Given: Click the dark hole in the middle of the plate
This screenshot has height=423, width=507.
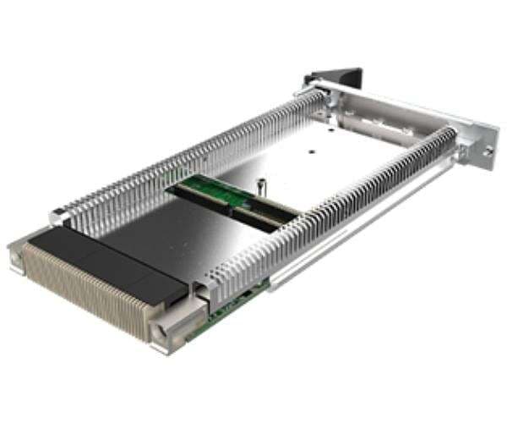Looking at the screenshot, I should pyautogui.click(x=311, y=153).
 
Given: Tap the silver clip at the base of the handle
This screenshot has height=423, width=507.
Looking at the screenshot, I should pyautogui.click(x=313, y=85).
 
